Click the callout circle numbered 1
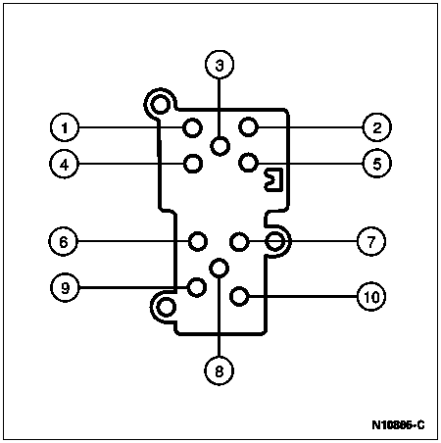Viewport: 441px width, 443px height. click(x=65, y=127)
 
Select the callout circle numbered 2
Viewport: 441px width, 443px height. click(x=377, y=127)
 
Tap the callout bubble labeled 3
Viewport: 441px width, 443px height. click(x=220, y=65)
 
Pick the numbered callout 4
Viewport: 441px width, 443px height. click(x=65, y=164)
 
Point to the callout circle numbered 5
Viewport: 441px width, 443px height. click(x=377, y=163)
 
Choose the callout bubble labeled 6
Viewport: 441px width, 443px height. click(x=63, y=241)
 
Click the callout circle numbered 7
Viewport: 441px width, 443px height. click(x=371, y=241)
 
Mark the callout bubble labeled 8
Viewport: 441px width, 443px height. click(x=219, y=370)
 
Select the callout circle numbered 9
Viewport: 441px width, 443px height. click(x=65, y=287)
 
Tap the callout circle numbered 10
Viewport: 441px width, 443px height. click(x=371, y=297)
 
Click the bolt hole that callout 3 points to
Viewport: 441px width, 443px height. click(x=220, y=146)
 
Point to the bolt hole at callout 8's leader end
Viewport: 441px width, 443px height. click(x=219, y=268)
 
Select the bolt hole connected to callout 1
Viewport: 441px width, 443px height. click(x=192, y=127)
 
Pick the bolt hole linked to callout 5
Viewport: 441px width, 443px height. click(x=248, y=163)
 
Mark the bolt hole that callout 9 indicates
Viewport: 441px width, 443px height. click(x=196, y=287)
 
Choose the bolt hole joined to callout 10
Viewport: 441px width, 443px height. click(x=239, y=296)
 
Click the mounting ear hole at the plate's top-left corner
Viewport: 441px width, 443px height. click(x=160, y=105)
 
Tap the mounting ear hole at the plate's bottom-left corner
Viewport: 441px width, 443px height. click(x=166, y=308)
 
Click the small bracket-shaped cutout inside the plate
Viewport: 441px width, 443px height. click(x=273, y=179)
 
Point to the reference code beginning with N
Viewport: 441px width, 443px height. click(x=398, y=425)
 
